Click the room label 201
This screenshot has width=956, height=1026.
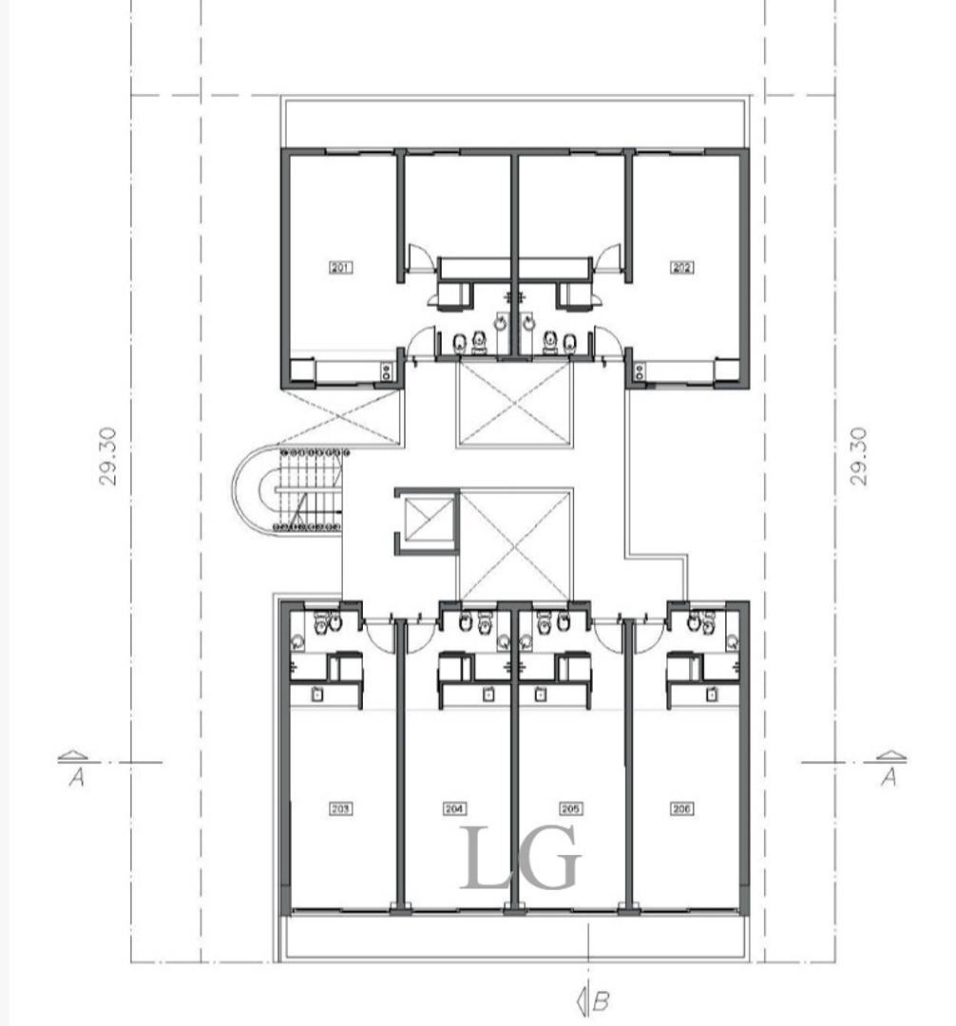(340, 268)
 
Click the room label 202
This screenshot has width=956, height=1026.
(681, 268)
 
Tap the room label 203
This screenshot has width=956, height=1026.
(340, 809)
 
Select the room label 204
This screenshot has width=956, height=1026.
(454, 809)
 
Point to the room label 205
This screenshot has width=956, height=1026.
(570, 809)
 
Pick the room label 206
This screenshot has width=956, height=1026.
(681, 809)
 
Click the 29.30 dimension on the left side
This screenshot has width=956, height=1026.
(108, 456)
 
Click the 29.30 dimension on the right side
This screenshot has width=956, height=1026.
(858, 456)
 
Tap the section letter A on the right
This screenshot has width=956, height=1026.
(889, 778)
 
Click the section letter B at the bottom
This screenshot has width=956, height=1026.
(601, 1000)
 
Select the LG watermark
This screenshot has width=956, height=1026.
(520, 860)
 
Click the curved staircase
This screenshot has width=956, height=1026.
(295, 489)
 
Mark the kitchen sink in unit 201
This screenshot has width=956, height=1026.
(387, 371)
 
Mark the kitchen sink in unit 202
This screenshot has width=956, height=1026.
(639, 371)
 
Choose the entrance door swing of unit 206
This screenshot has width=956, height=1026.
(649, 635)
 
